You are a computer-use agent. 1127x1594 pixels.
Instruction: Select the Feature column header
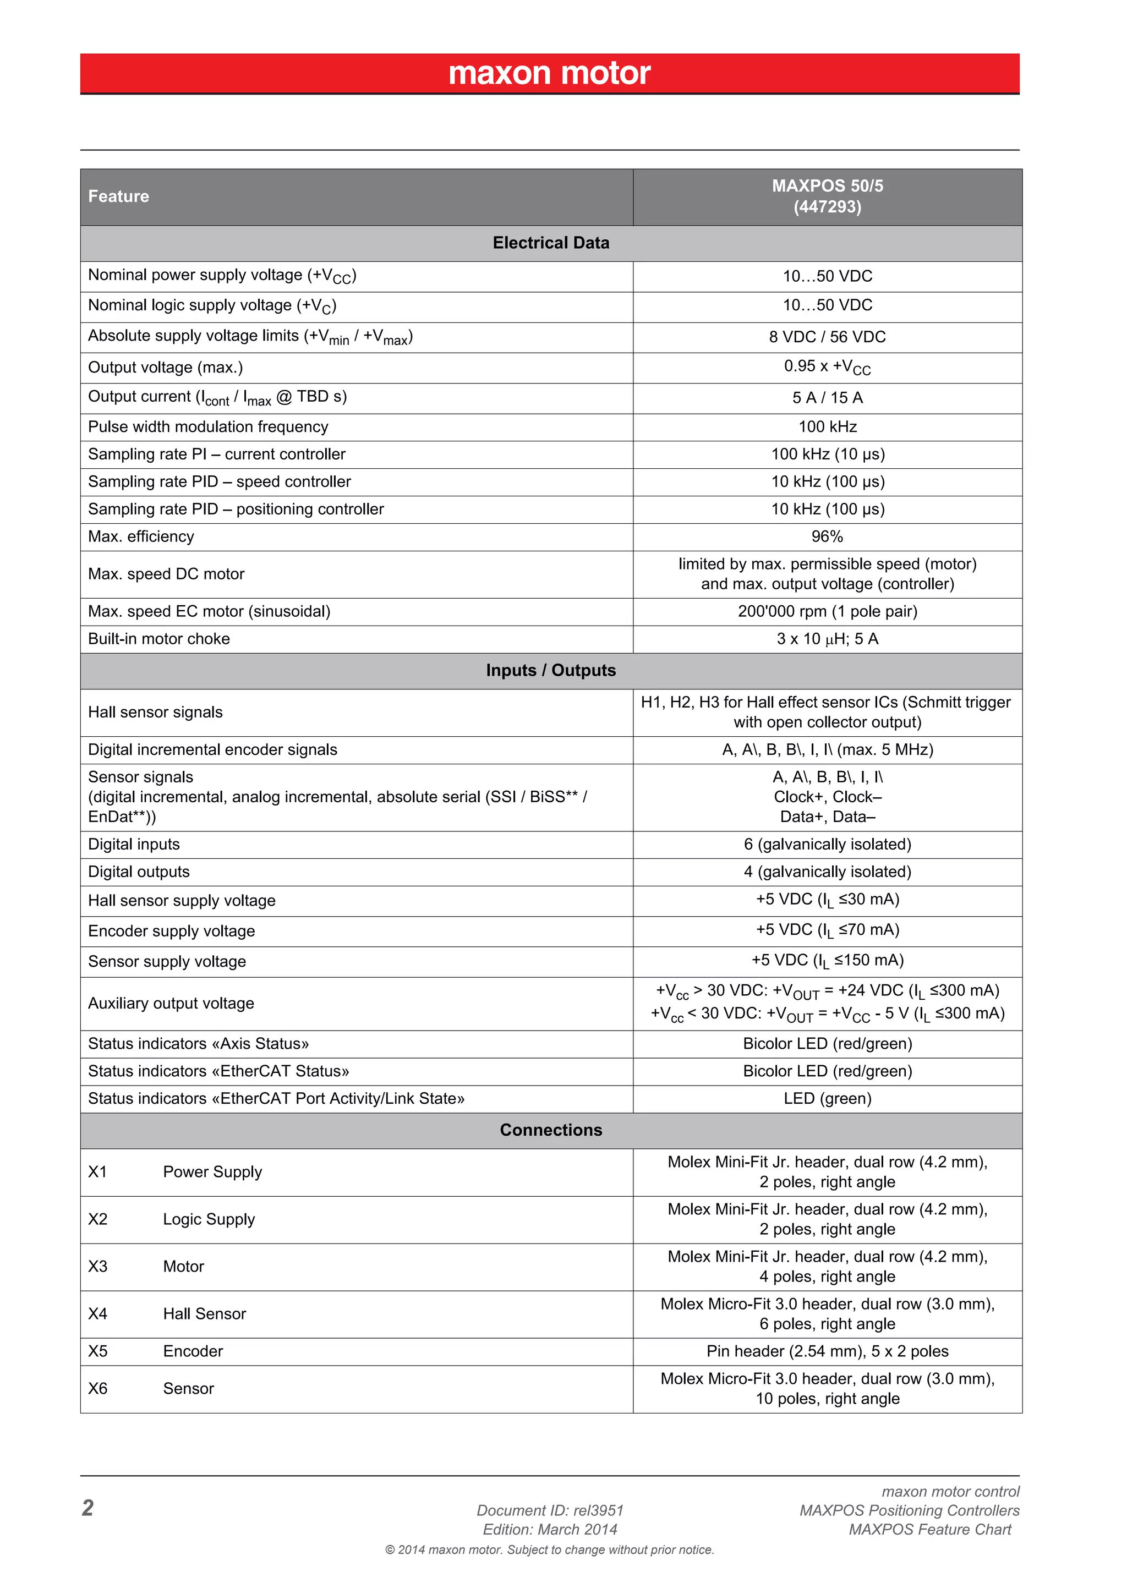(x=118, y=196)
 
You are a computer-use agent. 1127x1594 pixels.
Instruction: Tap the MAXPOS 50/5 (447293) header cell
(x=827, y=196)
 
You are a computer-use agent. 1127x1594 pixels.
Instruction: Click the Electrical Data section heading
(x=551, y=243)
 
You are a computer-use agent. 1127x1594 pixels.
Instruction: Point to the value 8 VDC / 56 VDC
(x=827, y=337)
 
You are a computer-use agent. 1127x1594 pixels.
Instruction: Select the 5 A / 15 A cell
(x=827, y=398)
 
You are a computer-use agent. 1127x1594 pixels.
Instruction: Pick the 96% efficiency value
(x=827, y=536)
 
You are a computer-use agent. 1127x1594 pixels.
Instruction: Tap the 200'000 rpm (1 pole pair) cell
(x=827, y=612)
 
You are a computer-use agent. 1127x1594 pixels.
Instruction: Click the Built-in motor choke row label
(x=158, y=639)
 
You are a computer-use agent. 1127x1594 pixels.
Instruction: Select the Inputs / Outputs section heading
(x=551, y=671)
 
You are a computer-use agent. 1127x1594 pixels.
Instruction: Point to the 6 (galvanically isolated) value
(x=827, y=844)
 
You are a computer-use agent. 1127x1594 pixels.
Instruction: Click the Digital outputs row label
(x=138, y=872)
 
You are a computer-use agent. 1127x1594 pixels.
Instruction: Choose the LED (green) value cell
(x=827, y=1098)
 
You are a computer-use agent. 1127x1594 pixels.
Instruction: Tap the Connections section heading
(x=551, y=1130)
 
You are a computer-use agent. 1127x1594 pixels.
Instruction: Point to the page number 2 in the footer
(x=87, y=1508)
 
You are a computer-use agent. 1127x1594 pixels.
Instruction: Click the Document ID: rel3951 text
(x=550, y=1511)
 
